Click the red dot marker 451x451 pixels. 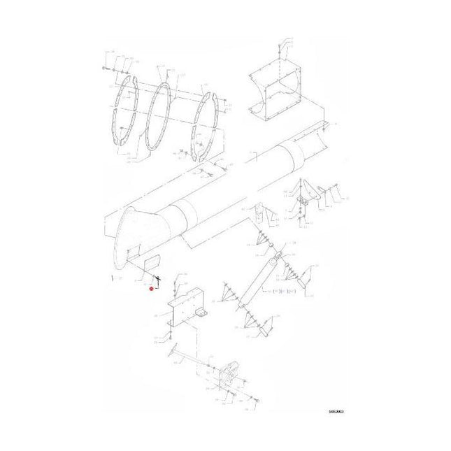click(x=152, y=288)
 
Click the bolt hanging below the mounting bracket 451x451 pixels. click(x=169, y=338)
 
